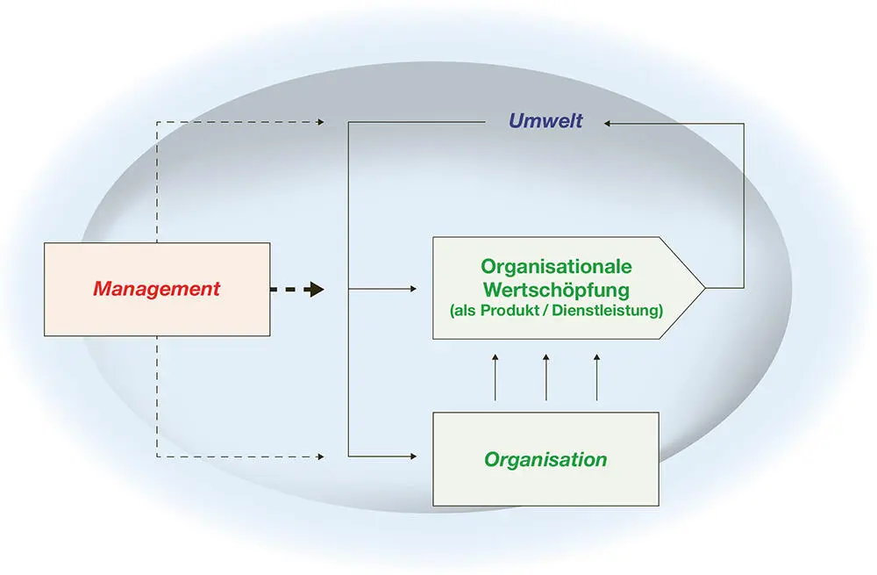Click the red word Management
(157, 289)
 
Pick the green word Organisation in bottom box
(545, 459)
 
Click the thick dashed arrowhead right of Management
(316, 289)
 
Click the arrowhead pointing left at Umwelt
(608, 123)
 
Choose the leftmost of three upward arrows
(496, 359)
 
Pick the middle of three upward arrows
(546, 359)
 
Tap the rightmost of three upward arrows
(597, 359)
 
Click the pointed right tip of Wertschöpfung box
(704, 287)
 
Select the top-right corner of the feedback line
(744, 123)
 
